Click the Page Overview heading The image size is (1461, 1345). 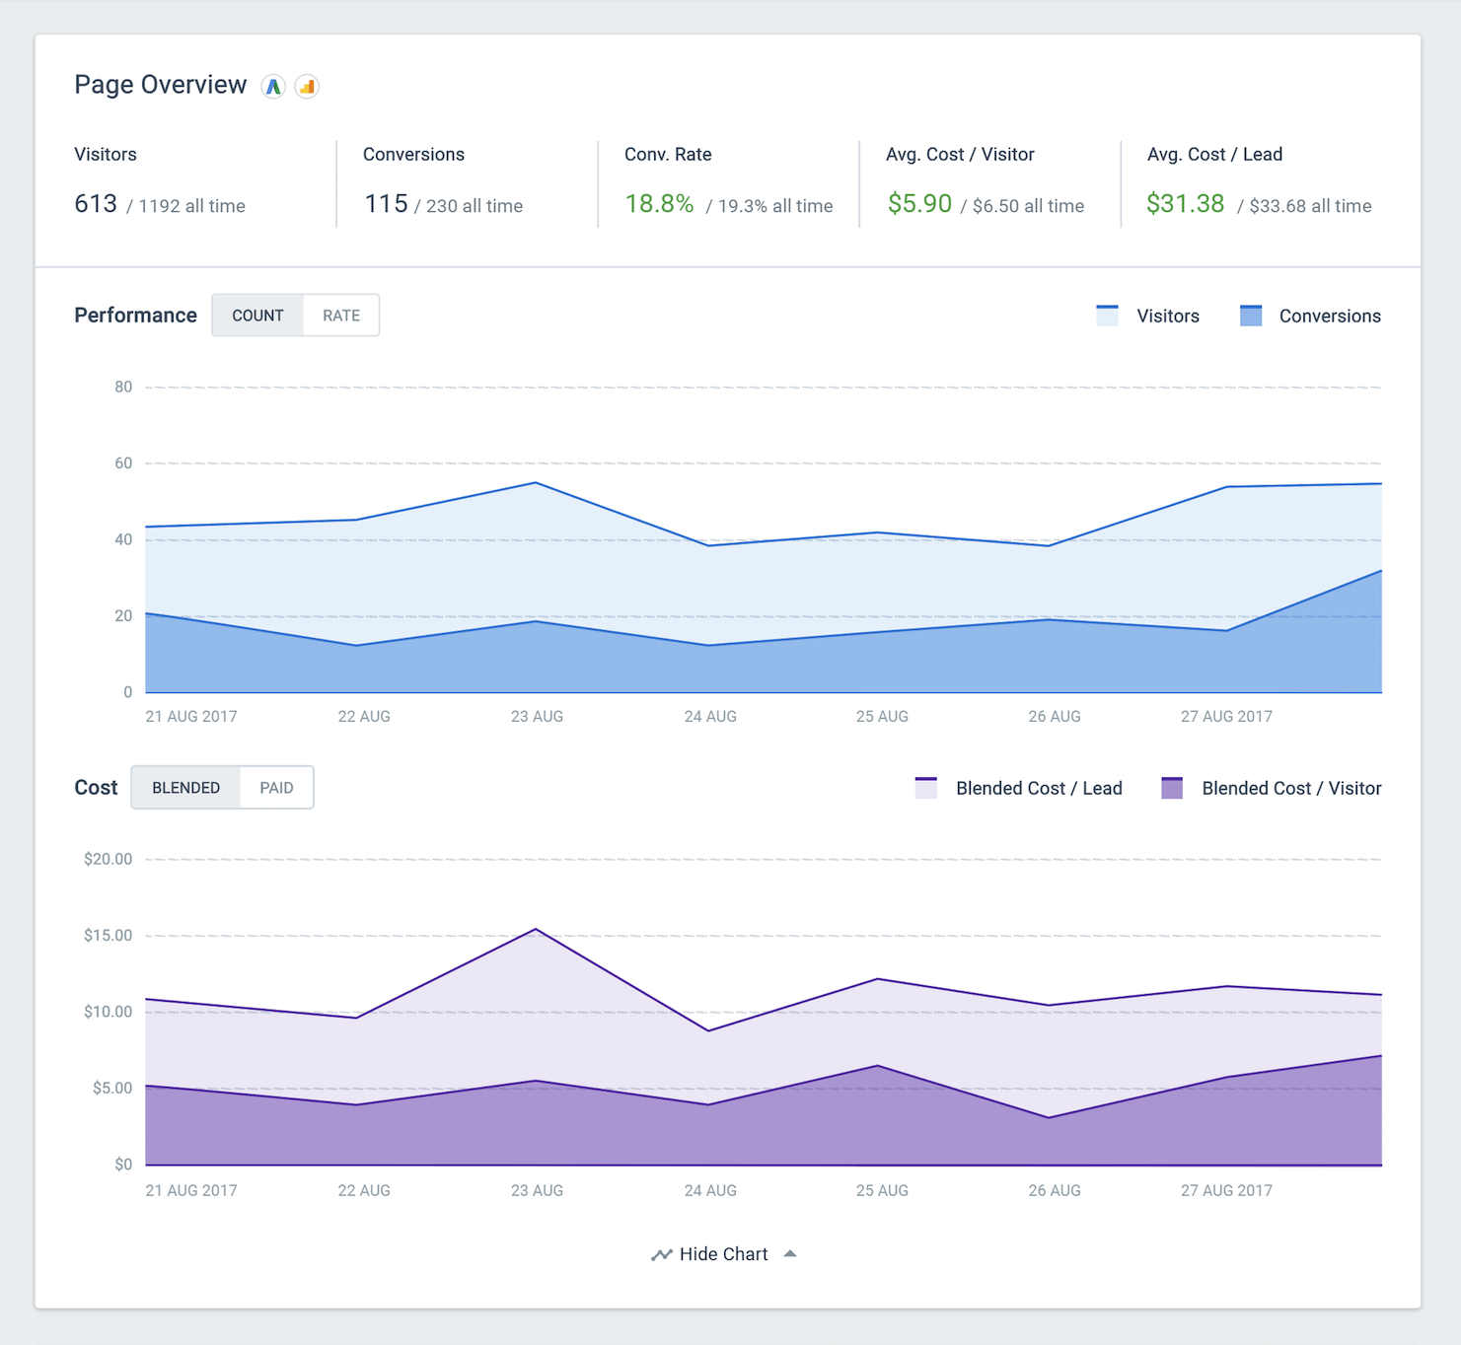click(160, 86)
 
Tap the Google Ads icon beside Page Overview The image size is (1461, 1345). click(273, 87)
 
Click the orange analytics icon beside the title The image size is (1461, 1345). click(307, 87)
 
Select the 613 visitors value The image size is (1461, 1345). click(96, 204)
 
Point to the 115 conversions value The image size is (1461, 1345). click(386, 204)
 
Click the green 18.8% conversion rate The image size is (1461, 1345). click(659, 204)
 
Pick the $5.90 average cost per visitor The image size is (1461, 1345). click(919, 204)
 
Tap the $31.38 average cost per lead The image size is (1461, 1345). click(1185, 204)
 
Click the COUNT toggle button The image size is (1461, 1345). click(257, 316)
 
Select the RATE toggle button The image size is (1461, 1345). click(341, 316)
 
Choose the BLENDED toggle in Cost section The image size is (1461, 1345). click(185, 788)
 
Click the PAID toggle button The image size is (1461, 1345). click(276, 788)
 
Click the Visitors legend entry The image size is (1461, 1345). click(1149, 317)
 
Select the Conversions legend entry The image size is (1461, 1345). click(1311, 317)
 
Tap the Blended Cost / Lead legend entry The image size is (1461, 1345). click(1020, 789)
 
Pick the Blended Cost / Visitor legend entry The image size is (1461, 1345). click(1273, 789)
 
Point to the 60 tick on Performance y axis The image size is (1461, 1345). click(123, 463)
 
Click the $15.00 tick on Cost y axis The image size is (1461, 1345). click(109, 936)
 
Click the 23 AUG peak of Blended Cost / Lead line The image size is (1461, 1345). click(536, 929)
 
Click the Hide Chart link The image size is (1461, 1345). click(723, 1254)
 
